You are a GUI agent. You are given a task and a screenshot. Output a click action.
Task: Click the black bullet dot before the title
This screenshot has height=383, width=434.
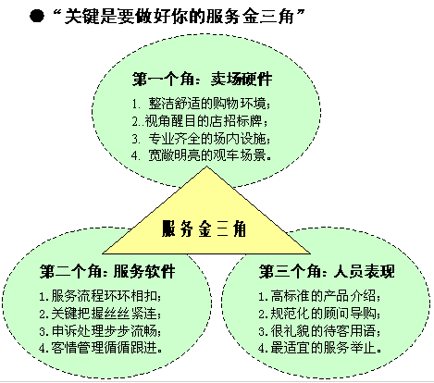click(37, 16)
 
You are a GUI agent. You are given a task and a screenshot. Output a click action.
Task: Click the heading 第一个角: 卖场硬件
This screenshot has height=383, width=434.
click(203, 79)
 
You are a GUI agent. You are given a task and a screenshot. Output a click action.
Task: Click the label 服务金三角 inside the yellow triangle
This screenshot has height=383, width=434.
click(204, 229)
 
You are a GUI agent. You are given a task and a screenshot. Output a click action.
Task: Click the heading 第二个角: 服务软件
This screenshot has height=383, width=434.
click(107, 272)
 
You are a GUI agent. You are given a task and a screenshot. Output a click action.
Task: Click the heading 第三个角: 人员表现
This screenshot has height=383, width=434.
click(327, 272)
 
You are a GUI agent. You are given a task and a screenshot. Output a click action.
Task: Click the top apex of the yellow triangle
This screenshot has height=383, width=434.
click(206, 167)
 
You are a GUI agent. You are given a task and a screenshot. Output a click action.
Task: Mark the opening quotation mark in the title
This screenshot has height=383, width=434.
click(56, 13)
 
